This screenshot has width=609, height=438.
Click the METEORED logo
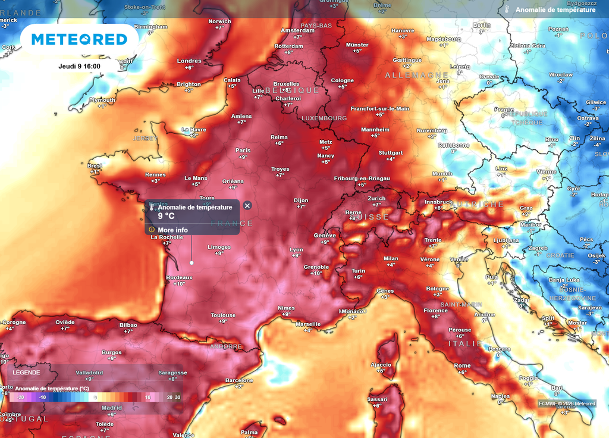pyautogui.click(x=79, y=39)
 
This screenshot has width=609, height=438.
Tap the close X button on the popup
pyautogui.click(x=247, y=205)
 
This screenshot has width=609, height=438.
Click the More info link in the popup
pyautogui.click(x=172, y=230)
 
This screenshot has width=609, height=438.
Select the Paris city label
pyautogui.click(x=243, y=150)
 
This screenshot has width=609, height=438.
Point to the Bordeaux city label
pyautogui.click(x=179, y=277)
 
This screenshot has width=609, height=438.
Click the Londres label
pyautogui.click(x=189, y=61)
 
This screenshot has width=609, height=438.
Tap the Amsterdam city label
pyautogui.click(x=297, y=30)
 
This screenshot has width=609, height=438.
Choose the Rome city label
pyautogui.click(x=462, y=365)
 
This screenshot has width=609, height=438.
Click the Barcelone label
pyautogui.click(x=239, y=380)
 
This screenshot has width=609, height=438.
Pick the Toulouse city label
pyautogui.click(x=223, y=315)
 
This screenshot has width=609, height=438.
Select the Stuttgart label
pyautogui.click(x=390, y=152)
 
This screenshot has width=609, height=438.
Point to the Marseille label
pyautogui.click(x=308, y=324)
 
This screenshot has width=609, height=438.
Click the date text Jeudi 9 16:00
pyautogui.click(x=79, y=66)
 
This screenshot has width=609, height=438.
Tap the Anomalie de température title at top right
pyautogui.click(x=555, y=10)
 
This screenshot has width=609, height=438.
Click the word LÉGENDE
pyautogui.click(x=27, y=373)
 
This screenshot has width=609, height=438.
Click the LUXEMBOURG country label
pyautogui.click(x=324, y=118)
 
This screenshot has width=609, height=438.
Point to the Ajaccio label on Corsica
pyautogui.click(x=381, y=364)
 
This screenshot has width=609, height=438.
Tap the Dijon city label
pyautogui.click(x=301, y=201)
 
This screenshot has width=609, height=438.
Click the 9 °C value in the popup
pyautogui.click(x=166, y=216)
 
